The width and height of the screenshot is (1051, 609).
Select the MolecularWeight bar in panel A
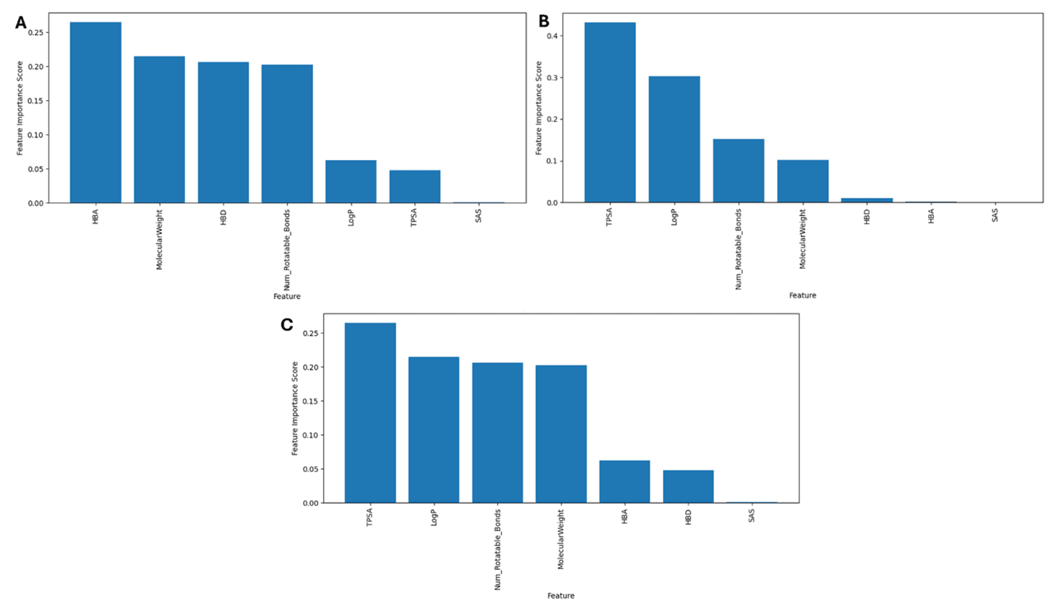pyautogui.click(x=159, y=130)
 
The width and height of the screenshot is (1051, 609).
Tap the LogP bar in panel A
pyautogui.click(x=350, y=182)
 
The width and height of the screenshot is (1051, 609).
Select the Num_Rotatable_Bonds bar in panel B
pyautogui.click(x=738, y=170)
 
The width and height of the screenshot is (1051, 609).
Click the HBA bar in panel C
pyautogui.click(x=624, y=482)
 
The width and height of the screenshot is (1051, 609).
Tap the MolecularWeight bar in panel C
pyautogui.click(x=561, y=434)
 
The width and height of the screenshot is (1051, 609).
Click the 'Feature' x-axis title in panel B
pyautogui.click(x=802, y=295)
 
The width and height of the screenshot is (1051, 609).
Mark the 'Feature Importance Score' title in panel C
pyautogui.click(x=296, y=408)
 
